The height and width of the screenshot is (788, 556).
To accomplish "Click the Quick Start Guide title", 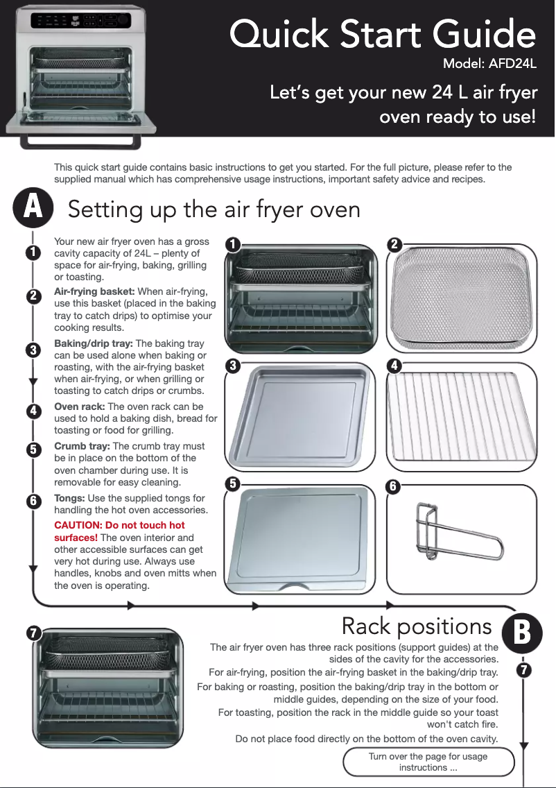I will (x=383, y=34).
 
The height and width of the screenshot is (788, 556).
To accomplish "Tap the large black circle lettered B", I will (x=522, y=633).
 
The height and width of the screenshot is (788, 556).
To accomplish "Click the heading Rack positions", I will (x=417, y=626).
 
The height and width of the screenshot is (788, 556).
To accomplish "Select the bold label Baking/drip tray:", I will (x=94, y=343).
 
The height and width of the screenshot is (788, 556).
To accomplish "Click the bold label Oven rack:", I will (x=80, y=406).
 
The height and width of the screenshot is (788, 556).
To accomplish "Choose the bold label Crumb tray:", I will (x=82, y=446).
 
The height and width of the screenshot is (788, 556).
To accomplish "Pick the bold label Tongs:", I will (x=69, y=498).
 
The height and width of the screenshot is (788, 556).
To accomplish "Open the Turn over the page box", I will (x=428, y=762).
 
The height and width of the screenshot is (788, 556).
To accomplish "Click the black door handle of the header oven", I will (x=80, y=143).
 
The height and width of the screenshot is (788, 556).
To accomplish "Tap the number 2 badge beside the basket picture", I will (x=394, y=244).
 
